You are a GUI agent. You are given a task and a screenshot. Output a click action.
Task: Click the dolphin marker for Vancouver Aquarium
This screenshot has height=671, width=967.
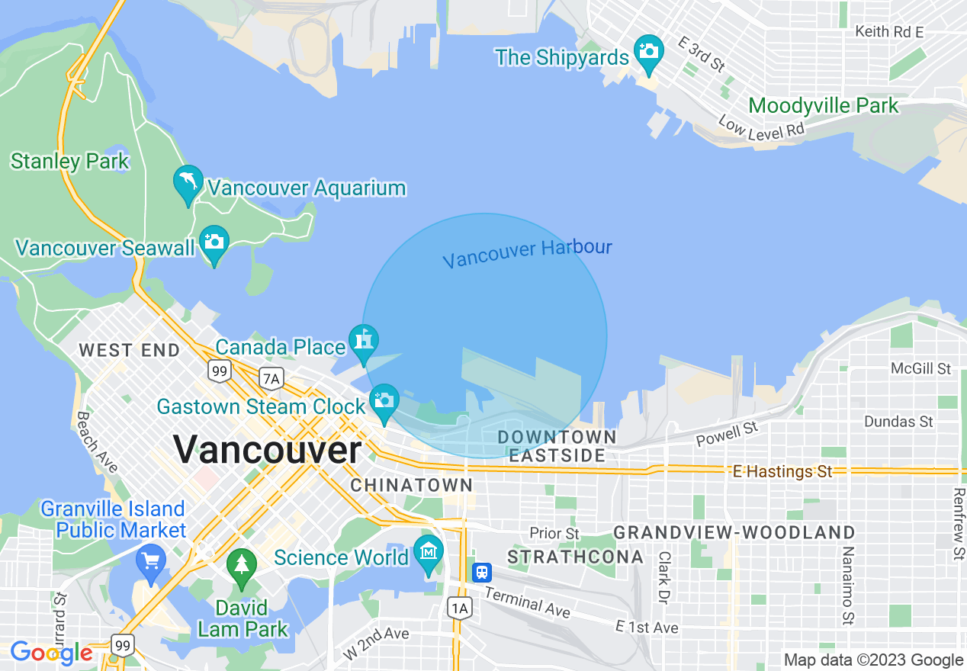(x=188, y=182)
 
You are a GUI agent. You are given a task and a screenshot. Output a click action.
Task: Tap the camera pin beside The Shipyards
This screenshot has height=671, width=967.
(x=649, y=52)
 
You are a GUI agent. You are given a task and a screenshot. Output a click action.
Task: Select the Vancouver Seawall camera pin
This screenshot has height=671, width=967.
(x=214, y=242)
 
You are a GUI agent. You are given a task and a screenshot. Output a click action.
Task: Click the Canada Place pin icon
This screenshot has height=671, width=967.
(x=364, y=341)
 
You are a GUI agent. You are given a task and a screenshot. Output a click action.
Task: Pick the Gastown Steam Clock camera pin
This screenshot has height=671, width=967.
(x=384, y=400)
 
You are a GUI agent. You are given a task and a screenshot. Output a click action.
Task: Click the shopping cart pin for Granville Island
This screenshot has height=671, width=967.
(x=150, y=563)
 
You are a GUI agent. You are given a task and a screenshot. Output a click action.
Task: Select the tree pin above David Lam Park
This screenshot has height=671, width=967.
(x=242, y=565)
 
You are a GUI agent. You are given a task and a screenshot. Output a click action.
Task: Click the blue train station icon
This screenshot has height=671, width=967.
(x=481, y=572)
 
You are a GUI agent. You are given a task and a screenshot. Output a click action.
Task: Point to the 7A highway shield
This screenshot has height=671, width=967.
(x=271, y=377)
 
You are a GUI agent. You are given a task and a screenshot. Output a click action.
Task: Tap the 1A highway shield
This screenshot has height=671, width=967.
(x=459, y=608)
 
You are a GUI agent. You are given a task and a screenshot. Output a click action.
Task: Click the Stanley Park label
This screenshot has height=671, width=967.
(x=70, y=162)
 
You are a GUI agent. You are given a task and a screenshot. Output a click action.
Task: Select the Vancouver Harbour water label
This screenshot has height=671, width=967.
(x=527, y=254)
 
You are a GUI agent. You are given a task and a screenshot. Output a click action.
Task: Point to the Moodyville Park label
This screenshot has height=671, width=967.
(x=824, y=105)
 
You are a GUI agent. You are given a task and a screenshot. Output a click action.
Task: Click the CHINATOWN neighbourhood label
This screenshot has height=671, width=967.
(x=412, y=485)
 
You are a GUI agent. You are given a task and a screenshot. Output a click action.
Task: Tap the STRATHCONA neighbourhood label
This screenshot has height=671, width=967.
(x=576, y=557)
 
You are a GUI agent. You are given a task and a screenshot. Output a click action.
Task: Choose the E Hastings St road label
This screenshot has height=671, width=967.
(x=782, y=471)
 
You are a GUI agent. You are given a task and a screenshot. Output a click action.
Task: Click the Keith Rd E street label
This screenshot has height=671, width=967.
(x=889, y=32)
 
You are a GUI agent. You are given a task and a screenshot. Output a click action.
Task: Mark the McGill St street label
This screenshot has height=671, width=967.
(x=921, y=369)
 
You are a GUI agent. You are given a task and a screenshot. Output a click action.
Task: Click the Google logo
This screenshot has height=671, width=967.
(x=51, y=653)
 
